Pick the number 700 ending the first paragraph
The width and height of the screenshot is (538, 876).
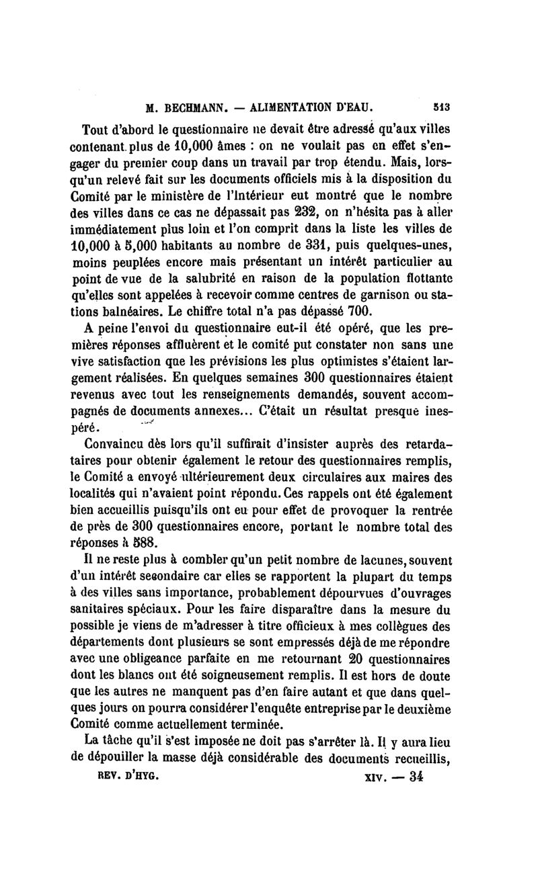tap(356, 312)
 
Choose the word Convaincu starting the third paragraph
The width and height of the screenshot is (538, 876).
tap(119, 443)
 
